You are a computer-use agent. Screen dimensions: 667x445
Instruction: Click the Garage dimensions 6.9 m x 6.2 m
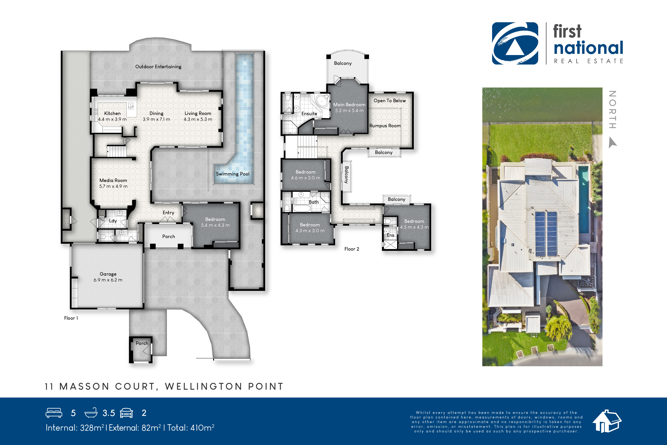pos(108,280)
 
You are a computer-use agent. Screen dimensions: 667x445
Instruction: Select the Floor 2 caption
pos(352,249)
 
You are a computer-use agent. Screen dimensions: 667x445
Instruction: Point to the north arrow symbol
pos(612,143)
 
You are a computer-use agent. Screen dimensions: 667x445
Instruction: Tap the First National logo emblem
pos(515,43)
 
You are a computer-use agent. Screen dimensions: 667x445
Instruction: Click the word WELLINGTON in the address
pos(203,387)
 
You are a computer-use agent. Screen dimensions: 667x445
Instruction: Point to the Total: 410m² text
pos(191,428)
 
